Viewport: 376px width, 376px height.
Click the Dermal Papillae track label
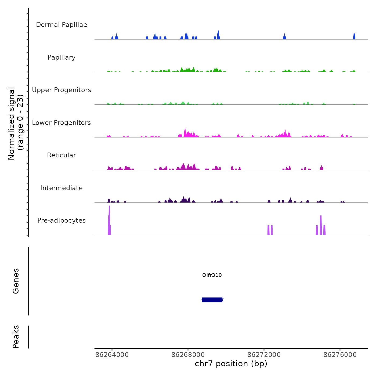click(x=62, y=25)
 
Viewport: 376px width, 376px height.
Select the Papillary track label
click(x=62, y=57)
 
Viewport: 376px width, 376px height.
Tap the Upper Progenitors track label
click(x=62, y=90)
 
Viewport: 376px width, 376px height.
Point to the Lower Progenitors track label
click(x=62, y=123)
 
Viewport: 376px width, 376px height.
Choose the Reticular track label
click(x=62, y=155)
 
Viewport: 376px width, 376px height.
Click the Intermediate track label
click(x=62, y=188)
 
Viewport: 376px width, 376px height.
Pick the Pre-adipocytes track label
click(x=62, y=220)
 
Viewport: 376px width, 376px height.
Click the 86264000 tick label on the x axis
click(x=112, y=355)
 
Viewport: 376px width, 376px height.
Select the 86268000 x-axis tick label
click(x=188, y=355)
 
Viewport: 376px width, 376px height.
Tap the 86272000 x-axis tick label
click(x=264, y=355)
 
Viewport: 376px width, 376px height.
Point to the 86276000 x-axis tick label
click(x=340, y=355)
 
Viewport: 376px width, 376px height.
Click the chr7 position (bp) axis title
click(x=231, y=364)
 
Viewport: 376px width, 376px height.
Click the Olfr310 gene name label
click(x=212, y=275)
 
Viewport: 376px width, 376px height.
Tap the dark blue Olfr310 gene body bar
click(x=212, y=300)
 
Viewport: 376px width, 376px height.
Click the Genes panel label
click(x=16, y=281)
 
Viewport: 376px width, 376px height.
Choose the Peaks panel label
click(x=16, y=337)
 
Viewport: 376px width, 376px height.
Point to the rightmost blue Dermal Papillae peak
click(x=354, y=37)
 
